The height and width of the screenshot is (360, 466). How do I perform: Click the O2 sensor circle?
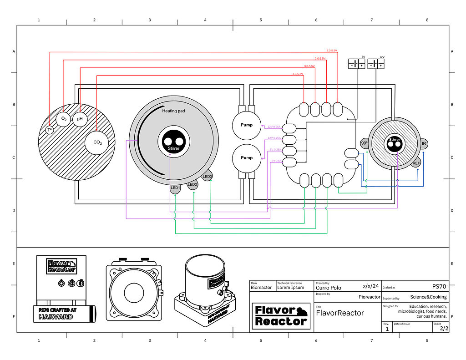coord(63,119)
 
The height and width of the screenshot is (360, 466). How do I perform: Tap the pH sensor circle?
coord(80,119)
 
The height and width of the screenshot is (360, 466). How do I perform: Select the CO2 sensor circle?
coord(97,142)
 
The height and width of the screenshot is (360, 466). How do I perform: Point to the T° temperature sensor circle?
coord(50,131)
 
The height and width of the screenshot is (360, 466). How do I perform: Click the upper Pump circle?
coord(246,125)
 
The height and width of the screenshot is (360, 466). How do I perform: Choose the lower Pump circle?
coord(246,158)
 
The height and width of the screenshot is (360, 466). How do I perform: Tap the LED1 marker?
coord(176,188)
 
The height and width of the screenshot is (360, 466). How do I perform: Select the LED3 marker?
coord(208,176)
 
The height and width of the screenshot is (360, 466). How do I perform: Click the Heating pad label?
coord(173,111)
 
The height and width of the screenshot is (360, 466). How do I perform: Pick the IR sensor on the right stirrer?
coord(424,144)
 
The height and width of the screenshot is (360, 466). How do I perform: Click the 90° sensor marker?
coord(365,143)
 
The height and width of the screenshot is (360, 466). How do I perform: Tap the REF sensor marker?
coord(416,163)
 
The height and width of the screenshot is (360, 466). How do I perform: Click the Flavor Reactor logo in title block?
coord(281,316)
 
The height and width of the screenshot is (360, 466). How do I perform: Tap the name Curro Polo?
coord(329,288)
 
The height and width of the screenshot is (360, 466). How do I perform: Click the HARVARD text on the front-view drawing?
coord(56,317)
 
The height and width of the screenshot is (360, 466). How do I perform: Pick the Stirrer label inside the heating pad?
coord(173,149)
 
